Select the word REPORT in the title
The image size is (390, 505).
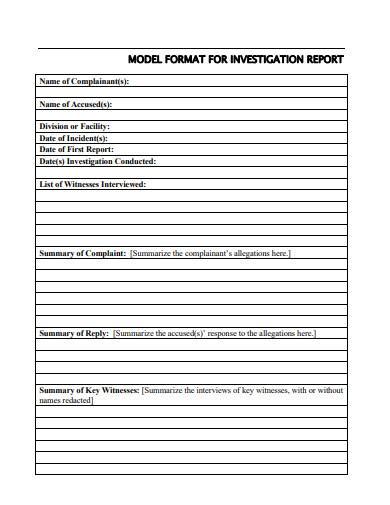326,59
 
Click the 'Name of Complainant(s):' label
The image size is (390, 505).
84,81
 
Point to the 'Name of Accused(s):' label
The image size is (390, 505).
75,104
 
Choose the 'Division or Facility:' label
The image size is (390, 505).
73,126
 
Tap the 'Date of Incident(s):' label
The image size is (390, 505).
72,138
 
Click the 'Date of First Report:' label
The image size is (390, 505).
75,149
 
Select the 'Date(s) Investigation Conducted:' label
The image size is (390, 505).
97,160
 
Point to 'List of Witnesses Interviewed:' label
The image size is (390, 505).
92,184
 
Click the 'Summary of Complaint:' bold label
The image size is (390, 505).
82,253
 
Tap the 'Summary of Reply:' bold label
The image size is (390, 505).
73,333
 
